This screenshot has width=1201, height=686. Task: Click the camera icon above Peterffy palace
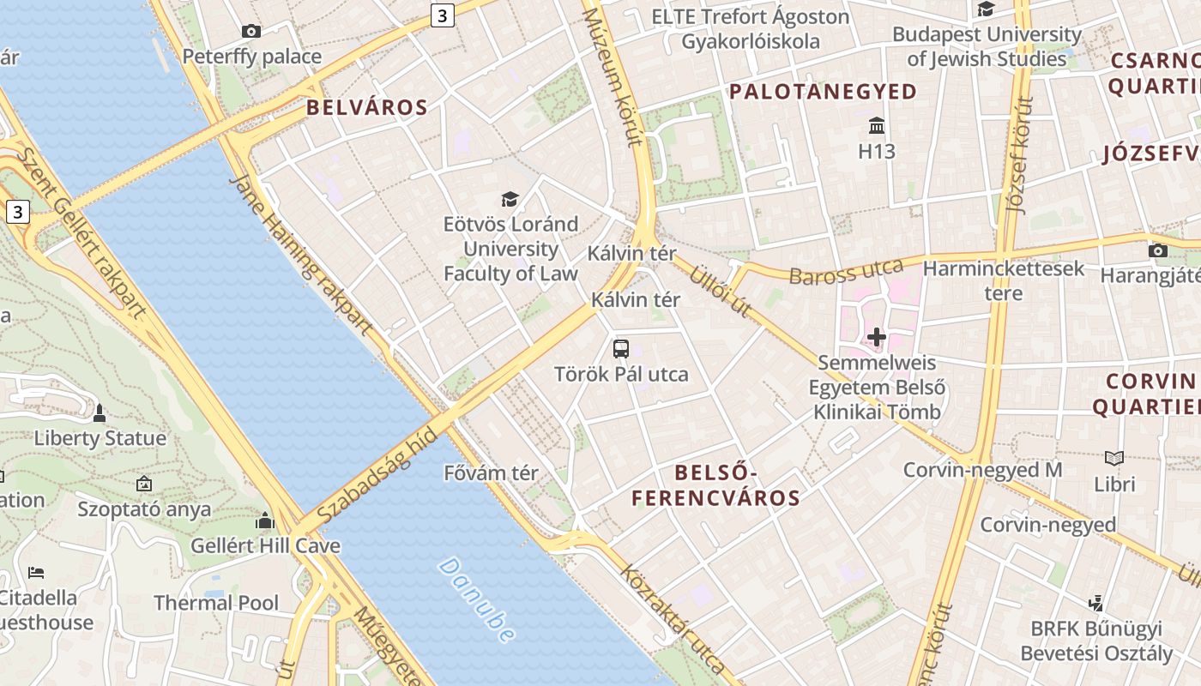click(x=250, y=32)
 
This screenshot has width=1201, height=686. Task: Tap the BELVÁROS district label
click(x=366, y=107)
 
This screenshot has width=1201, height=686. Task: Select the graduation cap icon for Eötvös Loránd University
click(x=510, y=200)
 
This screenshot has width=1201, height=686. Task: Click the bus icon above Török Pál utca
click(x=621, y=348)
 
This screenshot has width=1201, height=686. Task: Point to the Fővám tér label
click(x=491, y=472)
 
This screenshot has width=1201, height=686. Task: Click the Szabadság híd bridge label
click(x=377, y=476)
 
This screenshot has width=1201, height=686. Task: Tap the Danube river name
click(x=477, y=599)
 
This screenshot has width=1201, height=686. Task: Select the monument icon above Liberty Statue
click(x=100, y=412)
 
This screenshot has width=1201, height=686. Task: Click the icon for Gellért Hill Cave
click(x=265, y=521)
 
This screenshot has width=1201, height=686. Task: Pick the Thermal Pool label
click(x=216, y=603)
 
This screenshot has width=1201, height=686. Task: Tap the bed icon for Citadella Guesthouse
click(x=36, y=572)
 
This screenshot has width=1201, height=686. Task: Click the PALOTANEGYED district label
click(x=823, y=92)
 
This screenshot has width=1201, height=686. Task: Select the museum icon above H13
click(x=877, y=126)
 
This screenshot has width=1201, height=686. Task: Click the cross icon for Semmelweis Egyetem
click(x=876, y=337)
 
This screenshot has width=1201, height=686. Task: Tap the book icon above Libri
click(x=1114, y=459)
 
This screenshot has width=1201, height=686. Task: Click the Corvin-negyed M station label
click(x=982, y=470)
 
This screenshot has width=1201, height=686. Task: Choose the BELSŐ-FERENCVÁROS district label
click(x=715, y=485)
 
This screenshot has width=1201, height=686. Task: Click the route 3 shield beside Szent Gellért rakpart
click(x=18, y=212)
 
